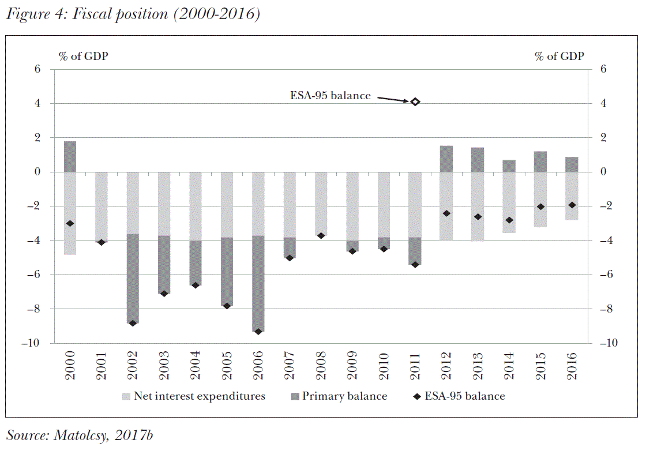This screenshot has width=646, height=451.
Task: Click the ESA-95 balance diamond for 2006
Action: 258,332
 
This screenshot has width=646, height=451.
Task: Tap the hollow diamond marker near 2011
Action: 415,102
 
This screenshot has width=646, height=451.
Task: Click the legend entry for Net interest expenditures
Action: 193,396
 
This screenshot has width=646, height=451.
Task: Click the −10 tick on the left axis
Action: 32,343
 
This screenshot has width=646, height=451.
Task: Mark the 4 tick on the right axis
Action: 603,104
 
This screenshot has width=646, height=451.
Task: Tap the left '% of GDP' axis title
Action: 84,56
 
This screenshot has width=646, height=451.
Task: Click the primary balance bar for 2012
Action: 446,159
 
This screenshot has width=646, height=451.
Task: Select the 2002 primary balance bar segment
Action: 132,279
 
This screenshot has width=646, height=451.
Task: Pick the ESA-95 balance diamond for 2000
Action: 70,223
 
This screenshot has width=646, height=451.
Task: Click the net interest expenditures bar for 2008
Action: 321,204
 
